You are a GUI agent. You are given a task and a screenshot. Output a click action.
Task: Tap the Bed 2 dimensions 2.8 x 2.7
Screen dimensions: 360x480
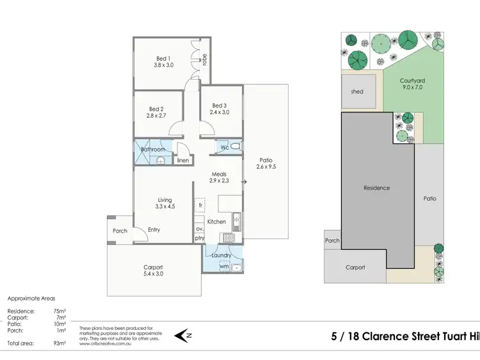157,116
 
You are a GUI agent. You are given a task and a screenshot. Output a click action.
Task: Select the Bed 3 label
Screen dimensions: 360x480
219,106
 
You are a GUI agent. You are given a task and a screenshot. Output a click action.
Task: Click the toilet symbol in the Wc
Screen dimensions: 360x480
236,148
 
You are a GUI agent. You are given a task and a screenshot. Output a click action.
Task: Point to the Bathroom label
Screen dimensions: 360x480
153,150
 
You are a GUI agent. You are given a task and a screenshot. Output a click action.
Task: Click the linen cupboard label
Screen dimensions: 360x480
183,160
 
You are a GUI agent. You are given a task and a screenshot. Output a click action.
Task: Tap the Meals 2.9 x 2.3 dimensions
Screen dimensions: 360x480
219,181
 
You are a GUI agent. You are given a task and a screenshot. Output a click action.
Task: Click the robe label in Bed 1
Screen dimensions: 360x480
205,59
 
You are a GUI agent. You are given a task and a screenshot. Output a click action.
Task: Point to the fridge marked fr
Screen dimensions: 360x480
200,205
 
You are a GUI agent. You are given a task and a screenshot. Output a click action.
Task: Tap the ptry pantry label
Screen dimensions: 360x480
200,238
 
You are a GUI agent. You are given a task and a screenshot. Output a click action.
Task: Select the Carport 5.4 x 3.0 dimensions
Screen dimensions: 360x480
153,275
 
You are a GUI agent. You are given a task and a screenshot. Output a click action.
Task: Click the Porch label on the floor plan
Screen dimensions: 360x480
120,231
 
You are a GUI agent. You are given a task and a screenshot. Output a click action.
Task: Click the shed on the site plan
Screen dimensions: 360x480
357,91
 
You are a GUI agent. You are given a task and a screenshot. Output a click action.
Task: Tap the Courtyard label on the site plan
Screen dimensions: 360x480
413,81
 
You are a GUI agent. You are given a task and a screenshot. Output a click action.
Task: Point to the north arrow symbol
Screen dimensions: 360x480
185,334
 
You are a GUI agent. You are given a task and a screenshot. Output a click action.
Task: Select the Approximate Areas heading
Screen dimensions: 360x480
31,299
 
